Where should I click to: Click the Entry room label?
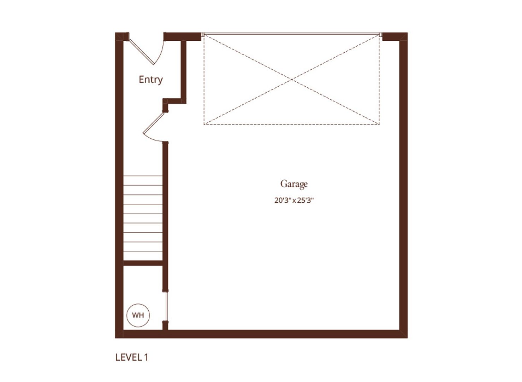coord(150,80)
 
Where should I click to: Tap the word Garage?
coord(294,184)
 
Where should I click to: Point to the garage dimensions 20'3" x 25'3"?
coord(294,200)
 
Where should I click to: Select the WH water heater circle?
coord(138,315)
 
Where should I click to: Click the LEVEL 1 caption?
coord(132,357)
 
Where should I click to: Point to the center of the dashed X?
coord(291,80)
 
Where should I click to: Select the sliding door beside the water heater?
coord(166,307)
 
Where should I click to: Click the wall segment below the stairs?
coord(143,263)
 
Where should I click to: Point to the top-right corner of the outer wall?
coord(407,33)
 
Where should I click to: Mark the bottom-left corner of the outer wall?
coord(115,338)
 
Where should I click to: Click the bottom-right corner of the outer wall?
coord(407,338)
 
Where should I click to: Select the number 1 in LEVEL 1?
coord(146,357)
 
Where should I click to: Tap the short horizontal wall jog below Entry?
coord(174,101)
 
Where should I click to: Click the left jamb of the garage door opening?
coord(203,35)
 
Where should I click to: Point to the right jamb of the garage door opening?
coord(380,35)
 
